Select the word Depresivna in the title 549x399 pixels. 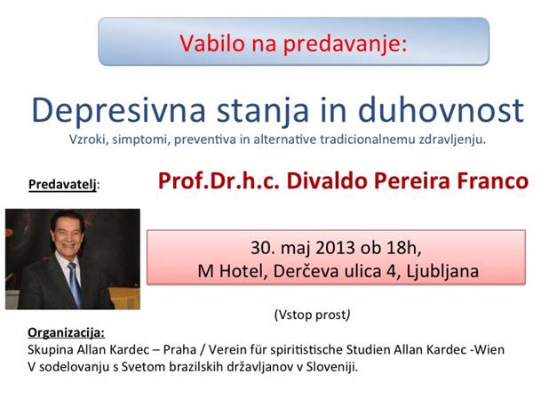tap(118, 111)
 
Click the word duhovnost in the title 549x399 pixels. tap(441, 109)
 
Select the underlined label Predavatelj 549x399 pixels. tap(62, 185)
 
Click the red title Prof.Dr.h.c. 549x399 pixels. tap(219, 180)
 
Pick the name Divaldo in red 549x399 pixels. tap(327, 180)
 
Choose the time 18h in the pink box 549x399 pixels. tap(402, 248)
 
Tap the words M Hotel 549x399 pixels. tap(230, 271)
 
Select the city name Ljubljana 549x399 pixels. tap(442, 272)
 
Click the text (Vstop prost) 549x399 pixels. tap(312, 315)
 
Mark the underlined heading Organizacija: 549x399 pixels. tap(66, 332)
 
